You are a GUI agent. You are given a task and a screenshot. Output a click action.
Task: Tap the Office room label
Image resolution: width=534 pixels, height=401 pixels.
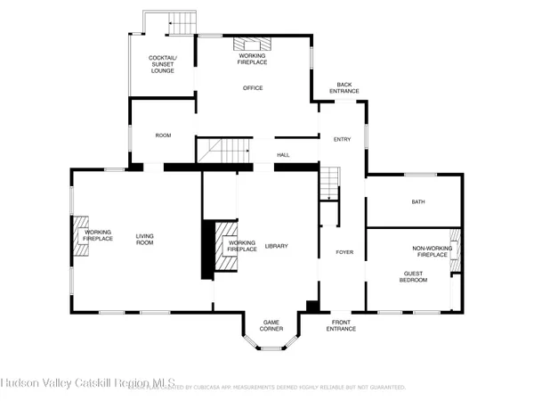coord(253,88)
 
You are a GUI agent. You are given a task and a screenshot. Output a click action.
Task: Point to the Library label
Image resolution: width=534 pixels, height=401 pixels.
coord(276,246)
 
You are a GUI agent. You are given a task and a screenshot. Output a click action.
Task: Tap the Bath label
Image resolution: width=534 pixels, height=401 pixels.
coord(418,201)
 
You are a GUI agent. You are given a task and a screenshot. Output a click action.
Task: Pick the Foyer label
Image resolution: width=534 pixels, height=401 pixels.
coord(344,252)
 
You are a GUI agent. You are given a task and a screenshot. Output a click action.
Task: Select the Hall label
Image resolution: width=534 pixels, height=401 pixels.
coord(283,155)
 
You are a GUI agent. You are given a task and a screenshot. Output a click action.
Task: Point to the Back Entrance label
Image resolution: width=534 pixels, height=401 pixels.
coord(344,88)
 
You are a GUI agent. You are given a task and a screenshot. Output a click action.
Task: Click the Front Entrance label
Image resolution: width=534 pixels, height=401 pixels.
coord(344,325)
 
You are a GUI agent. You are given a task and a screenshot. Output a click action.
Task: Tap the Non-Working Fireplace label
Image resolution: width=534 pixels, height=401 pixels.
coord(430,252)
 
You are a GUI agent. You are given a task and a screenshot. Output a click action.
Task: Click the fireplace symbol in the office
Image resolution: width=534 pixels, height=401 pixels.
coord(251,43)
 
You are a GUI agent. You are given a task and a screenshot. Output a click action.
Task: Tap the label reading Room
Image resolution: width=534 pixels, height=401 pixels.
coord(163,135)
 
